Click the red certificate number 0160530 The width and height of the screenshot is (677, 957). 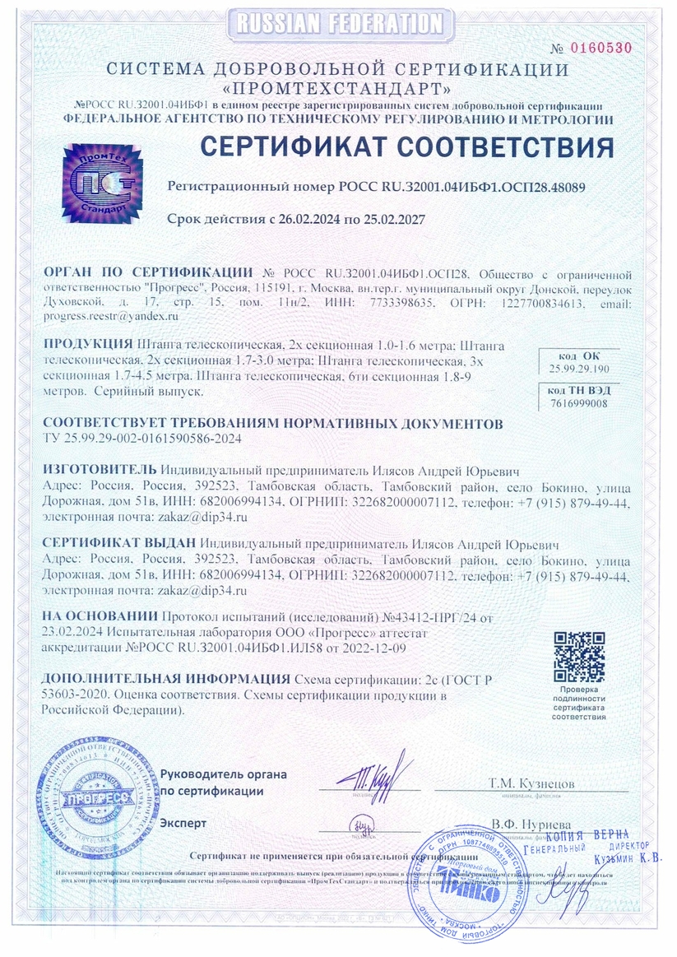point(602,48)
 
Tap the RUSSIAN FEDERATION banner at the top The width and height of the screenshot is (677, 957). point(340,23)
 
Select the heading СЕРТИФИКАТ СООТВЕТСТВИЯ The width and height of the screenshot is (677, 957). point(407,147)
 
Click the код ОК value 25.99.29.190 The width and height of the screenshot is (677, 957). point(579,369)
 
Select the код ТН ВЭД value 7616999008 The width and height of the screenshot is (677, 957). point(579,403)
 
